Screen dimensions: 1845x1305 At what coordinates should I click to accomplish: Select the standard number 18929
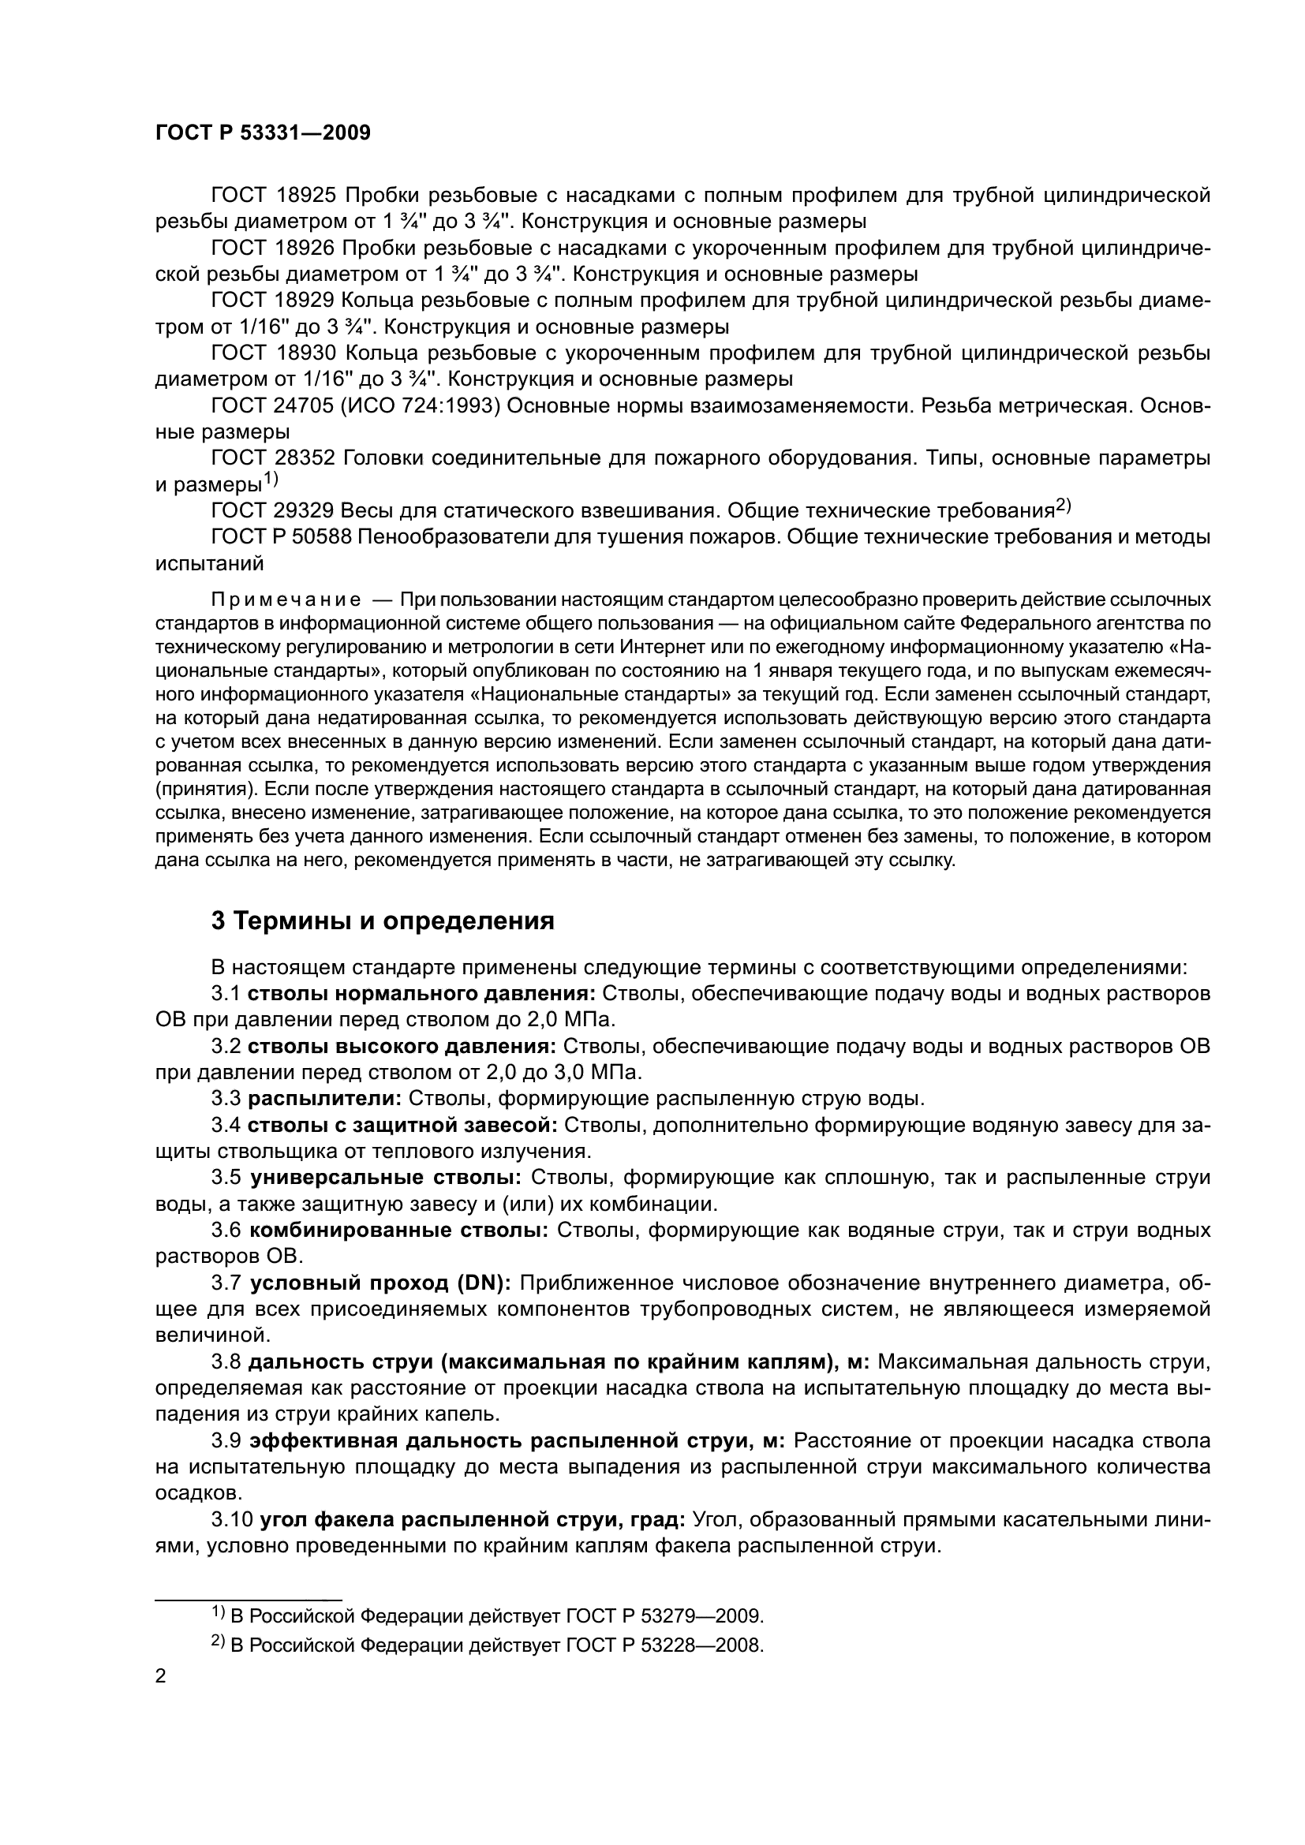297,301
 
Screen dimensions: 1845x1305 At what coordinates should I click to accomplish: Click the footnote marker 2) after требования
1063,506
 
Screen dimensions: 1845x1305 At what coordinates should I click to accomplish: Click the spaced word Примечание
286,600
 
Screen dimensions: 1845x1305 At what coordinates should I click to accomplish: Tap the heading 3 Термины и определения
383,921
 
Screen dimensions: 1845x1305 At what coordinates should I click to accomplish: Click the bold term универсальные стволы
386,1178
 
